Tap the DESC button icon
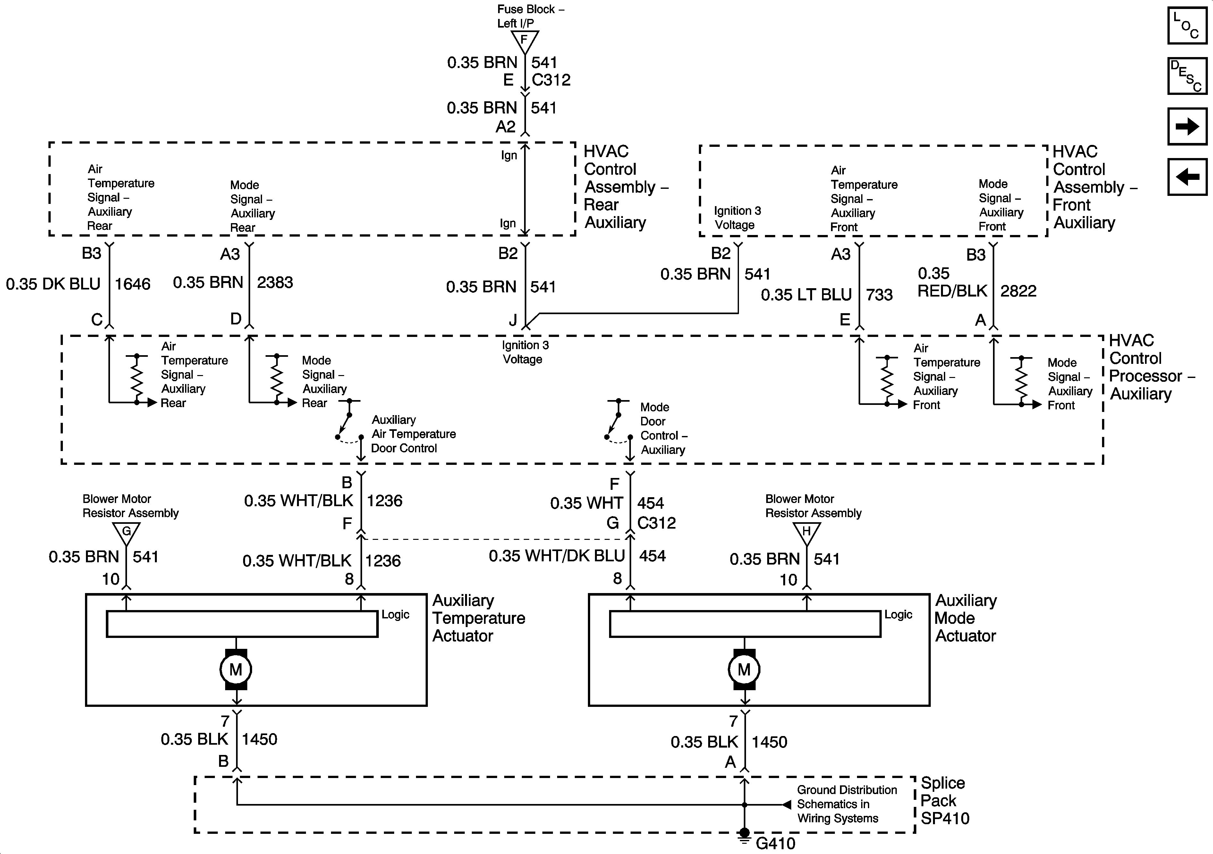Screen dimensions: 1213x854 1187,76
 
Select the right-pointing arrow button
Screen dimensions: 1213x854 1187,126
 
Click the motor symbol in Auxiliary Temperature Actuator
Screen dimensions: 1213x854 236,669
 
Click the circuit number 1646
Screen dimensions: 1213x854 132,284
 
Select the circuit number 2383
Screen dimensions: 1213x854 275,282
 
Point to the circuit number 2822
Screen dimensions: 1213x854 1019,291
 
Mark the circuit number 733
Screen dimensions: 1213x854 879,294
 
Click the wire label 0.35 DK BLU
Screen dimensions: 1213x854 53,284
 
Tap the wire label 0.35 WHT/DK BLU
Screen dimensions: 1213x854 557,556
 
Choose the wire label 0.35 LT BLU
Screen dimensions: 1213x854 806,294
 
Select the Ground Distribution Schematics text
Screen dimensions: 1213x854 847,804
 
